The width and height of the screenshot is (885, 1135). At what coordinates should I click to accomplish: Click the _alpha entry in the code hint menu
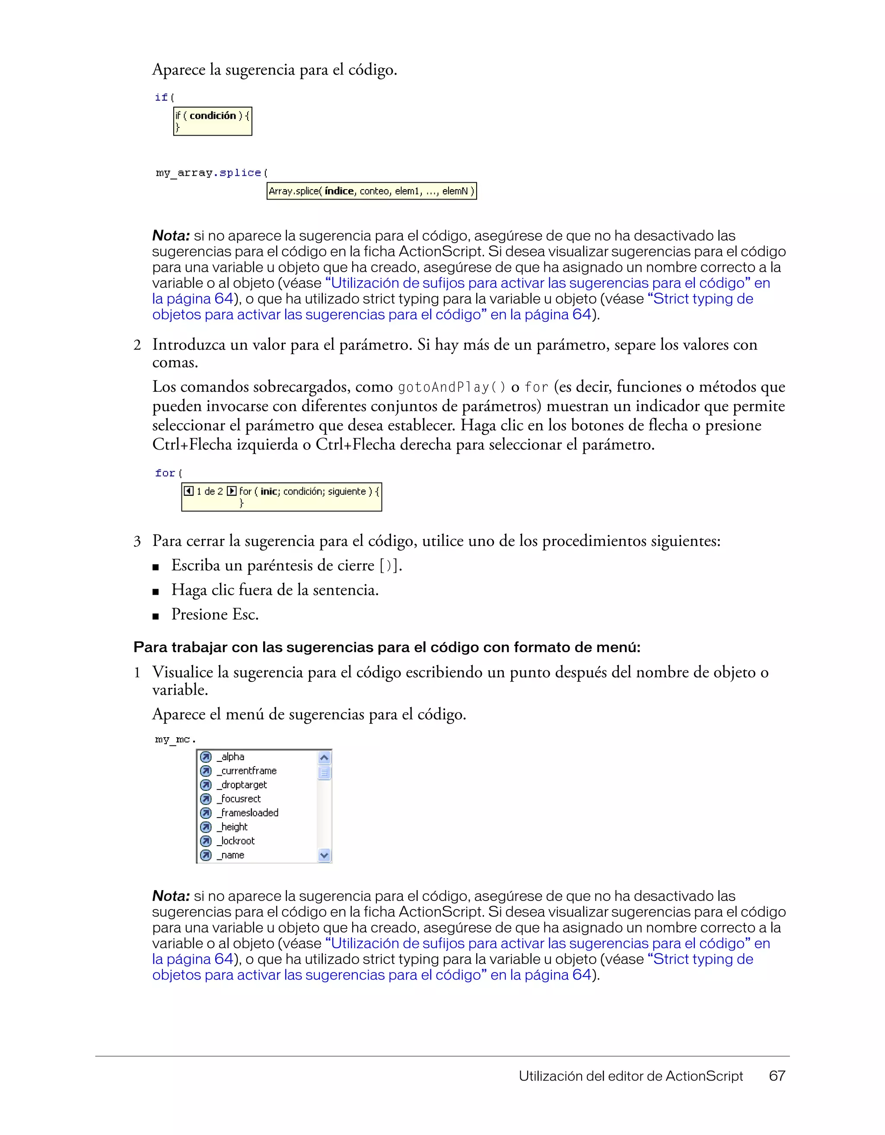tap(231, 757)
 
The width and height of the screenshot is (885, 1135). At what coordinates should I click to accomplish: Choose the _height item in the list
tap(232, 827)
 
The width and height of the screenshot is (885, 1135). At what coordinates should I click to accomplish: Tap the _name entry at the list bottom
tap(231, 855)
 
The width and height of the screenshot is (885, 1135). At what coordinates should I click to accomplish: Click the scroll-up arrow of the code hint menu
tap(324, 758)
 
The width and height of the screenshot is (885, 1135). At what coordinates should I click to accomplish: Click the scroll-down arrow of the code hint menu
tap(324, 855)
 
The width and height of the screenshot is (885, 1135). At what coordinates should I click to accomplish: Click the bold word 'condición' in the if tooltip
tap(213, 115)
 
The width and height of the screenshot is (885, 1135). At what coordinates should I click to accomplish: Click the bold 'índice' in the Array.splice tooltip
tap(339, 191)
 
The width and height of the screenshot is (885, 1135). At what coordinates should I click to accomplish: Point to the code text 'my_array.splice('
tap(212, 172)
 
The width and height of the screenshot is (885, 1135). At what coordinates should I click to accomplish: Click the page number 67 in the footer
tap(777, 1076)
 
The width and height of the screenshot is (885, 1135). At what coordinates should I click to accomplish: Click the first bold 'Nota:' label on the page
tap(171, 236)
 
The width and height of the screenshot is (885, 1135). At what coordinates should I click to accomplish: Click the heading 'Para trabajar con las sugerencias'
tap(386, 647)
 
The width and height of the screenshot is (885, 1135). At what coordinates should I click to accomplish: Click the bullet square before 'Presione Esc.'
tap(156, 616)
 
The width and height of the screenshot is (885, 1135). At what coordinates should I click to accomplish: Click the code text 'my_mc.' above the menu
tap(175, 739)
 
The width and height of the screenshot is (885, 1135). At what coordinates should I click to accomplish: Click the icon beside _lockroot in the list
tap(206, 841)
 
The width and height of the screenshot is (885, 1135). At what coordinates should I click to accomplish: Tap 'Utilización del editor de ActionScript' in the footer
tap(630, 1076)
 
